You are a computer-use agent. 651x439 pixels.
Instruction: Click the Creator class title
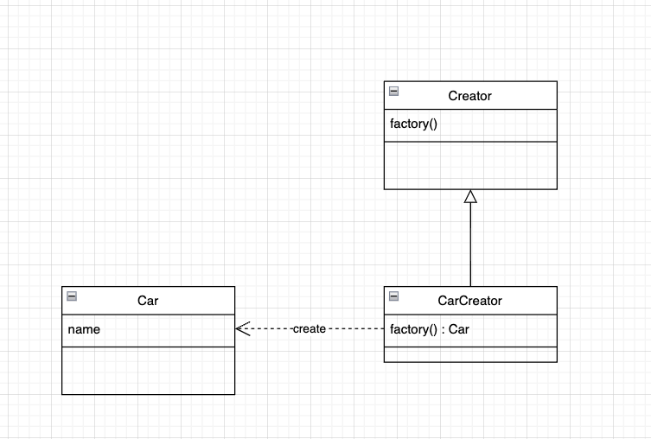coord(469,96)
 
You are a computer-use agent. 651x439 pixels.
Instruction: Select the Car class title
coord(148,301)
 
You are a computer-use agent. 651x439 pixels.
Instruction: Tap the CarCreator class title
coord(469,301)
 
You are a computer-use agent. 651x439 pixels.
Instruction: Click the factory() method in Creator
coord(414,124)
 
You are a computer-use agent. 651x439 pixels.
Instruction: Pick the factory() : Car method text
coord(430,328)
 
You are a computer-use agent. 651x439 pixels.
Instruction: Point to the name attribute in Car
coord(83,328)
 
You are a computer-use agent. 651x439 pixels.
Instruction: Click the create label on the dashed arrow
coord(309,329)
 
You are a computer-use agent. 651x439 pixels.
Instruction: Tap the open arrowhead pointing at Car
coord(242,329)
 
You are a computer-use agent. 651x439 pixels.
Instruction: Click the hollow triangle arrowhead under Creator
coord(470,196)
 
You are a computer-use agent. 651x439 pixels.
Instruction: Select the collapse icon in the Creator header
coord(394,91)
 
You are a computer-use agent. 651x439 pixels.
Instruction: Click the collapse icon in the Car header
coord(72,296)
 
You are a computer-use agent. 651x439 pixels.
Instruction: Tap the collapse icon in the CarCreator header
coord(394,296)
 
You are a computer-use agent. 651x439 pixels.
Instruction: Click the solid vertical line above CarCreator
coord(470,246)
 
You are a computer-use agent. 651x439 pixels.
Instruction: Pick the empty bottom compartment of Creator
coord(470,164)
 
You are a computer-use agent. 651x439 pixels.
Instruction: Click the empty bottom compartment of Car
coord(148,370)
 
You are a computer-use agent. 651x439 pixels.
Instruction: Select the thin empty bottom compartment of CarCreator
coord(470,353)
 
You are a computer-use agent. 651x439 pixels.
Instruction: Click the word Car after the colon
coord(458,328)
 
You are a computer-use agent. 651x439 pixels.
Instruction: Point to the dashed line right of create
coord(354,329)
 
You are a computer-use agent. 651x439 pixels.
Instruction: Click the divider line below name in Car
coord(148,347)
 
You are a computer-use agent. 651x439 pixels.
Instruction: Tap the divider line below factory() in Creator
coord(470,141)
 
